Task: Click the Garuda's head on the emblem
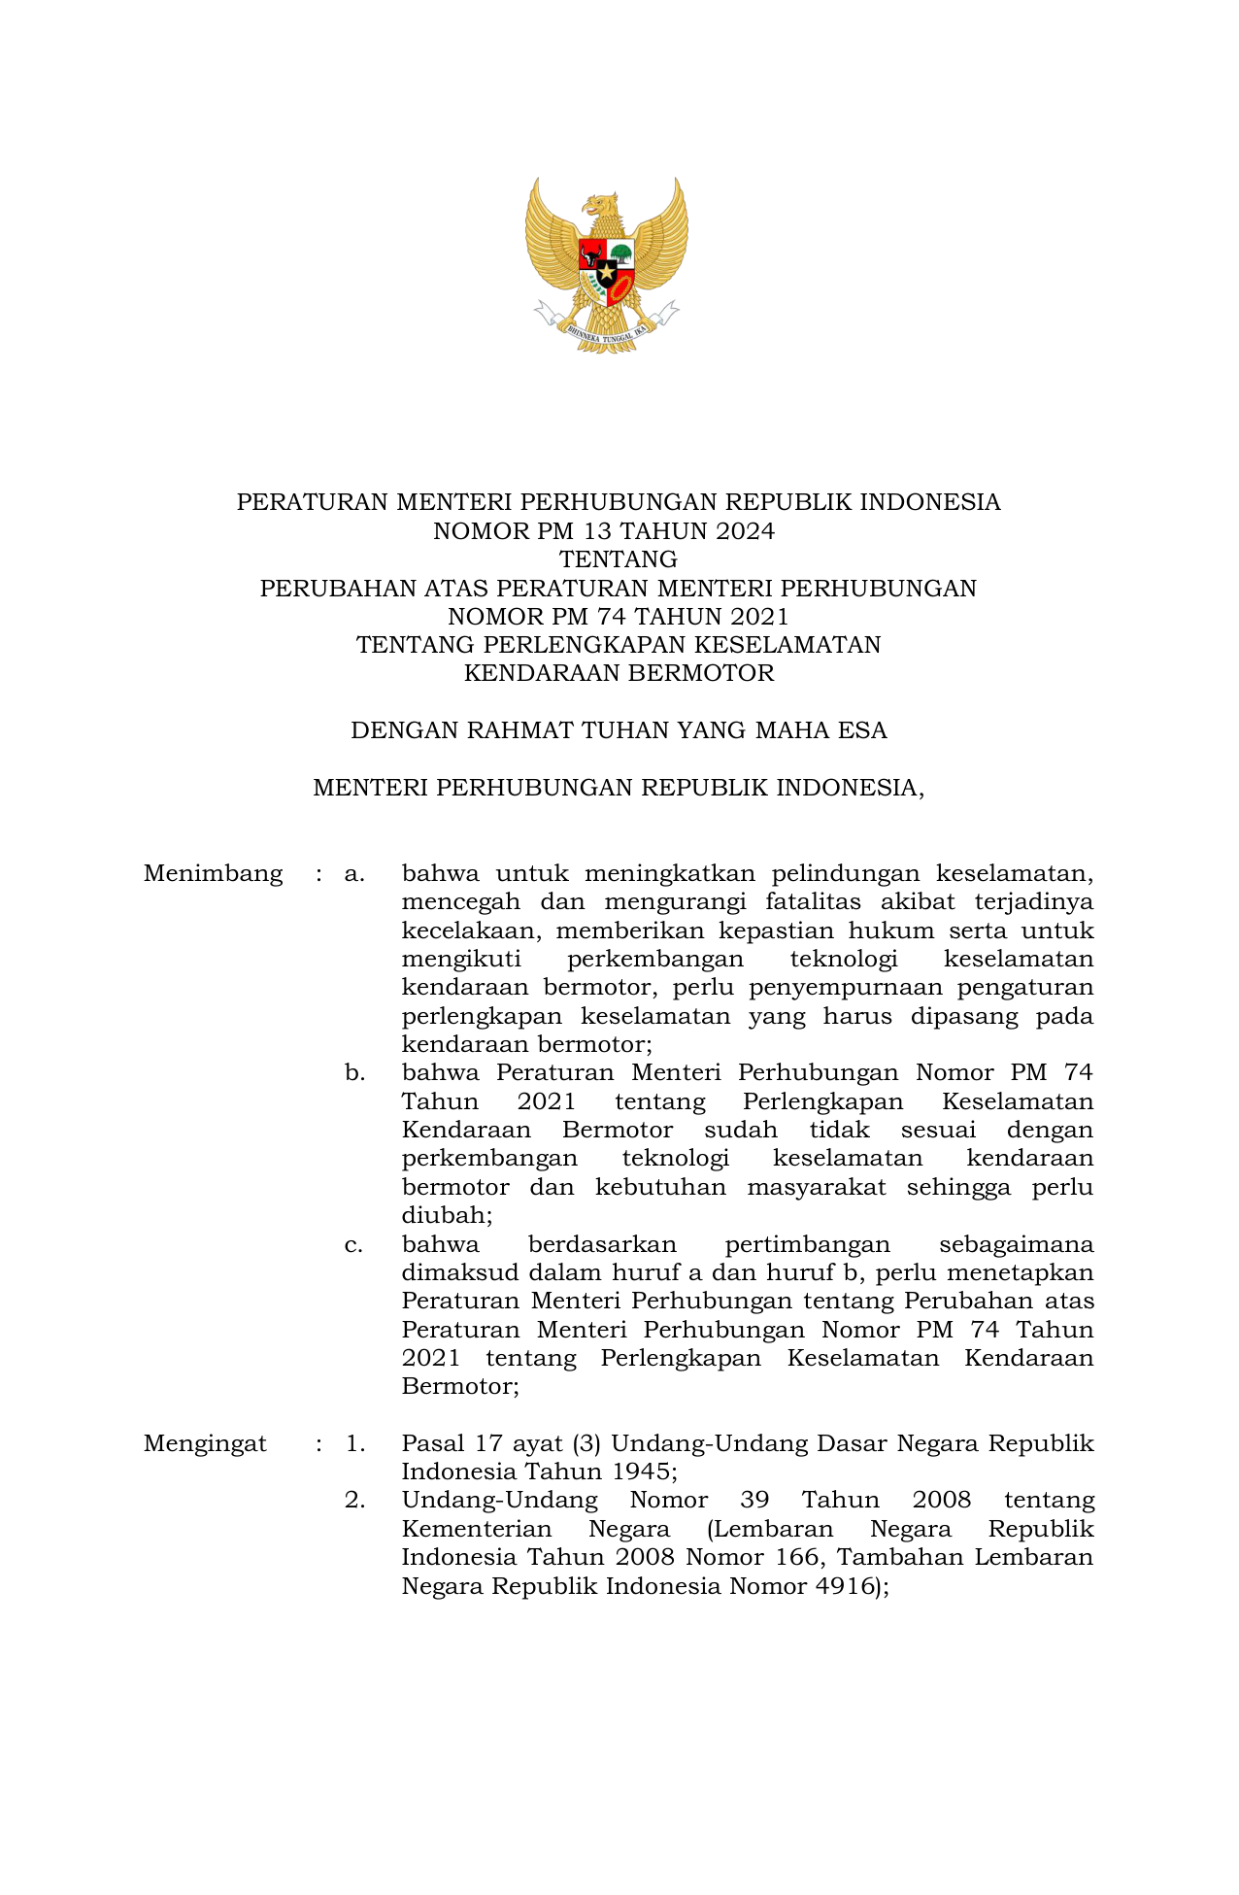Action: pyautogui.click(x=601, y=207)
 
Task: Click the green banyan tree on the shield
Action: pyautogui.click(x=620, y=254)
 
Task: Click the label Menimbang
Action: pyautogui.click(x=213, y=874)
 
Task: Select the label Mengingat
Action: pyautogui.click(x=205, y=1444)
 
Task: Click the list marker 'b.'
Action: pyautogui.click(x=354, y=1073)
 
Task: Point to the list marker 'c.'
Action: pyautogui.click(x=353, y=1245)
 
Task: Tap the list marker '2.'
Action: pyautogui.click(x=354, y=1501)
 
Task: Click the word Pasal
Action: pyautogui.click(x=432, y=1444)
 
